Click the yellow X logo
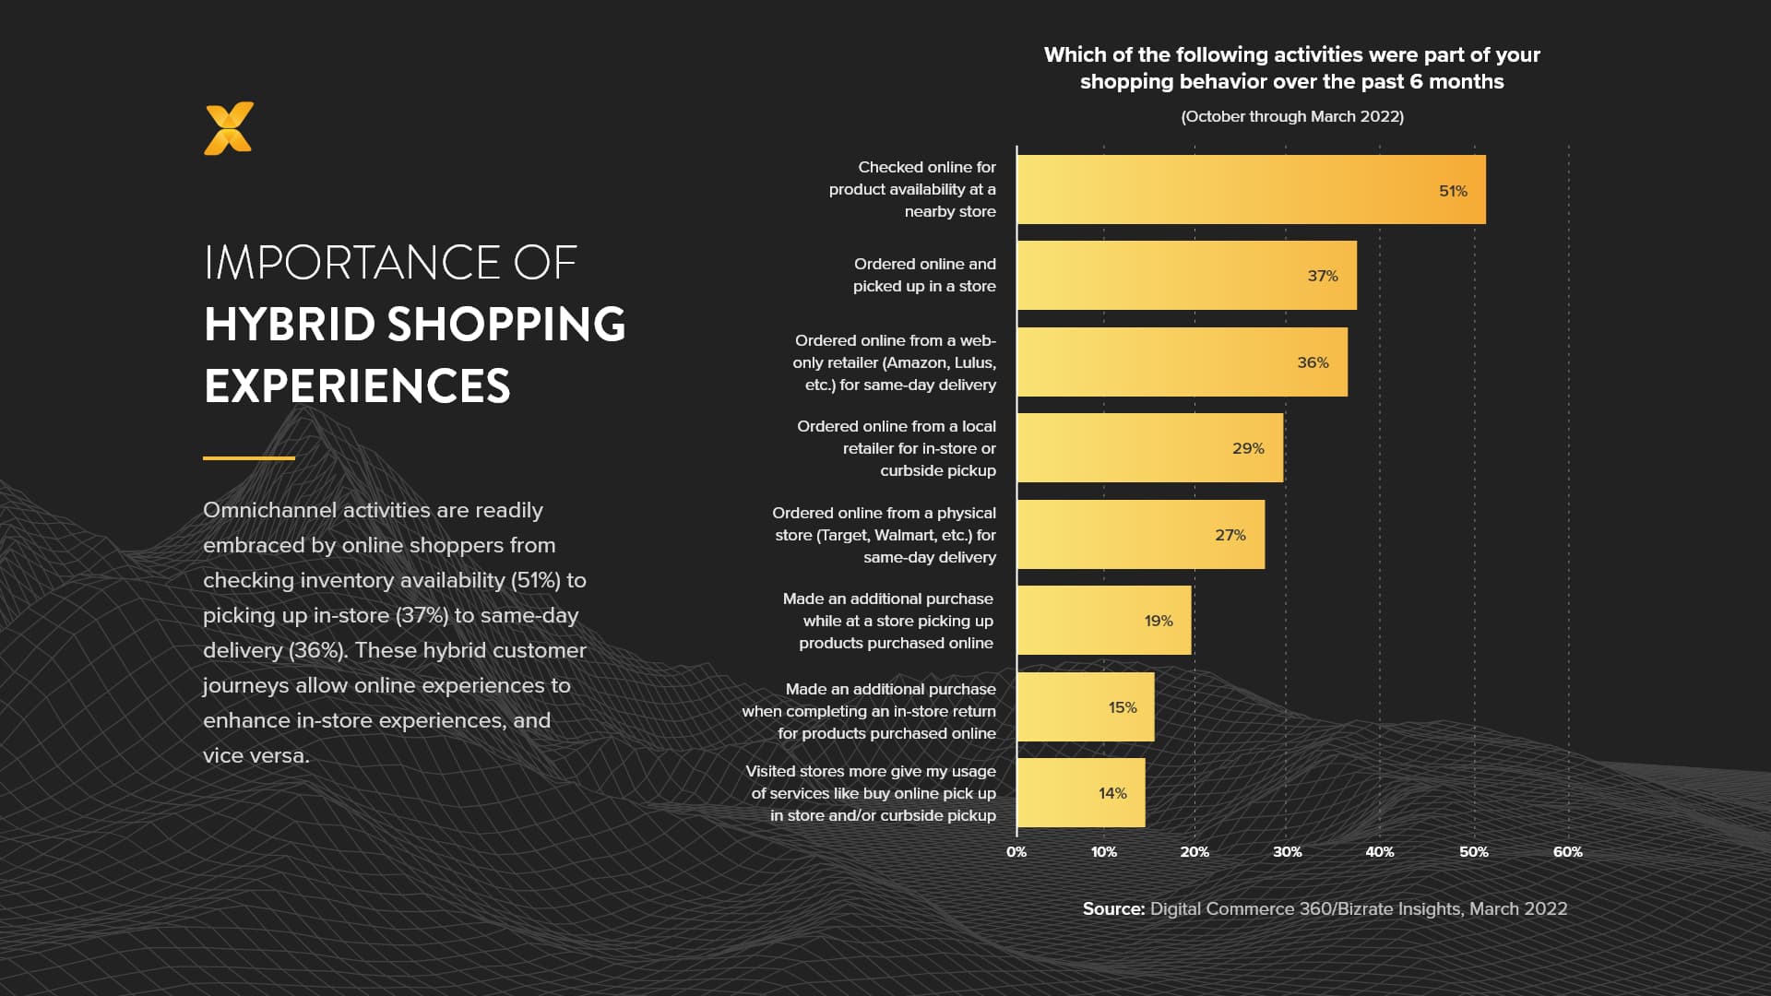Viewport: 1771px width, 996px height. pyautogui.click(x=229, y=129)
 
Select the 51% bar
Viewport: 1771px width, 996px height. pyautogui.click(x=1250, y=190)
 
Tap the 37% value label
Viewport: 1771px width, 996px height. pyautogui.click(x=1322, y=276)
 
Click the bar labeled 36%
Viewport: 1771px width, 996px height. pyautogui.click(x=1181, y=362)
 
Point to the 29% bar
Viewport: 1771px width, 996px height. pyautogui.click(x=1148, y=448)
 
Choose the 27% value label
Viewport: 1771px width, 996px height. pyautogui.click(x=1230, y=535)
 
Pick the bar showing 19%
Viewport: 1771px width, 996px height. pyautogui.click(x=1103, y=621)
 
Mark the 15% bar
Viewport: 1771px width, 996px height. pyautogui.click(x=1085, y=707)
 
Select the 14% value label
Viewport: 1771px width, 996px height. pyautogui.click(x=1112, y=793)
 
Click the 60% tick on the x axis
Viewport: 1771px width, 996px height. pyautogui.click(x=1567, y=852)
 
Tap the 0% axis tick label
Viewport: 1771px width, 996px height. pyautogui.click(x=1016, y=852)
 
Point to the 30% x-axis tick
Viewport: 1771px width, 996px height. pyautogui.click(x=1287, y=852)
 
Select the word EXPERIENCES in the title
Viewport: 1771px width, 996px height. pyautogui.click(x=357, y=386)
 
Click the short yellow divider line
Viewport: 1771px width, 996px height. pyautogui.click(x=249, y=457)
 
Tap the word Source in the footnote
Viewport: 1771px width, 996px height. pyautogui.click(x=1113, y=909)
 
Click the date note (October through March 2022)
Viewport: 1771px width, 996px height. pyautogui.click(x=1291, y=116)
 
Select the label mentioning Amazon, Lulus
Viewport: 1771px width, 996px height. pyautogui.click(x=894, y=362)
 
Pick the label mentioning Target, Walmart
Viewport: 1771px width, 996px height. pyautogui.click(x=885, y=535)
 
